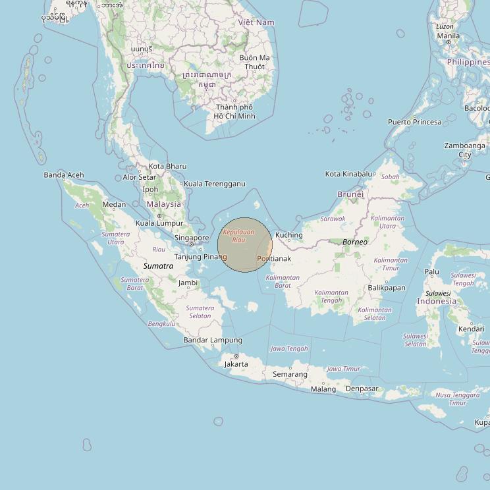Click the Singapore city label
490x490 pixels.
pos(191,238)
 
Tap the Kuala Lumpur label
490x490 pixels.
pos(159,223)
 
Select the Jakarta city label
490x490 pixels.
pos(236,364)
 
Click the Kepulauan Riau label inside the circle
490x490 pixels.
pos(238,235)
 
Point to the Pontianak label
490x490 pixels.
pos(273,259)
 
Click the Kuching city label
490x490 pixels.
pos(288,235)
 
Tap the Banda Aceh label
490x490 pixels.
pos(64,175)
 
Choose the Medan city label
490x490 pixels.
pos(114,204)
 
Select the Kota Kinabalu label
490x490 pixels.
pos(348,174)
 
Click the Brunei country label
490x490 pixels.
pos(350,194)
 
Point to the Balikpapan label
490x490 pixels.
pos(386,288)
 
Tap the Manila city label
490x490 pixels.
pos(448,36)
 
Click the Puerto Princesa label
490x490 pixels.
pos(414,122)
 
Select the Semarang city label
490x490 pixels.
pos(290,374)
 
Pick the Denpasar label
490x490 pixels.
pos(362,389)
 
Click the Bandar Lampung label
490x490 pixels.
pos(212,340)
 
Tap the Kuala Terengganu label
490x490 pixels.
pos(214,184)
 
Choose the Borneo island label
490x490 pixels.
pos(355,242)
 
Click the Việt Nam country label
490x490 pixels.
pos(256,22)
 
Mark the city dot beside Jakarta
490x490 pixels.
pos(236,356)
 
